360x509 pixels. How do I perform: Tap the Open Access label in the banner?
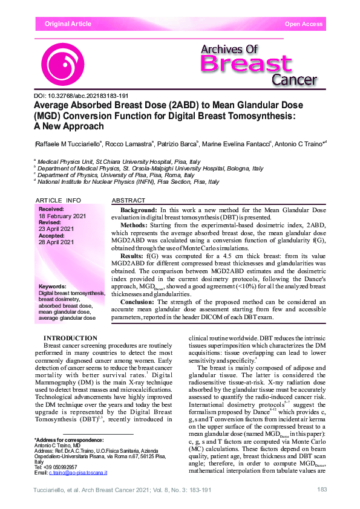pyautogui.click(x=304, y=24)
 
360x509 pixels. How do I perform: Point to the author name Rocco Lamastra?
pyautogui.click(x=129, y=144)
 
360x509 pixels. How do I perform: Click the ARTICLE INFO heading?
pyautogui.click(x=58, y=200)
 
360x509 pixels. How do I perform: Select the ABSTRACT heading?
pyautogui.click(x=129, y=200)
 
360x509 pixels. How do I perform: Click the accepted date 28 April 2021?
pyautogui.click(x=56, y=242)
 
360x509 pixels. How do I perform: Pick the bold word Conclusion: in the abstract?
pyautogui.click(x=139, y=301)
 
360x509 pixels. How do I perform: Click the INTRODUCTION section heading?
pyautogui.click(x=71, y=339)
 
